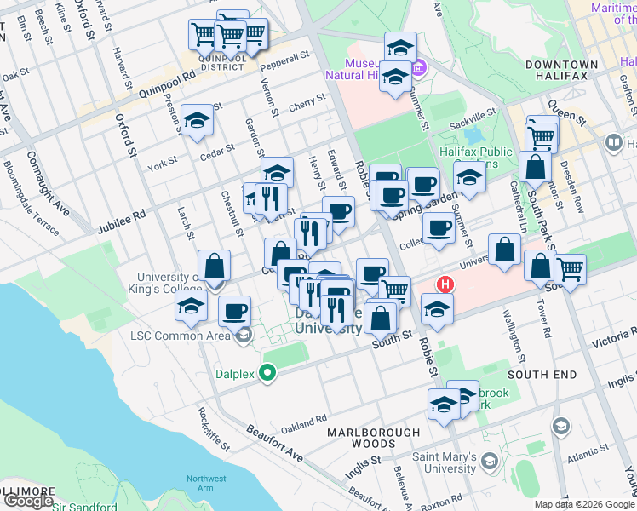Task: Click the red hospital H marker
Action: pyautogui.click(x=444, y=284)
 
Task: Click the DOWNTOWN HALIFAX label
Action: pyautogui.click(x=562, y=70)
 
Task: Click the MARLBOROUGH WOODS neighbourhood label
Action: pyautogui.click(x=374, y=438)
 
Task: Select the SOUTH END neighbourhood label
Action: pyautogui.click(x=542, y=375)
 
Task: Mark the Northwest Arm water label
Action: pyautogui.click(x=207, y=484)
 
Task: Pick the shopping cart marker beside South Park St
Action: pyautogui.click(x=570, y=269)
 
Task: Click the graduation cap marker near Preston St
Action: pyautogui.click(x=197, y=119)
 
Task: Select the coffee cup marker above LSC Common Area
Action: pyautogui.click(x=234, y=310)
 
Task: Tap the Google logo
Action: pyautogui.click(x=28, y=501)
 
